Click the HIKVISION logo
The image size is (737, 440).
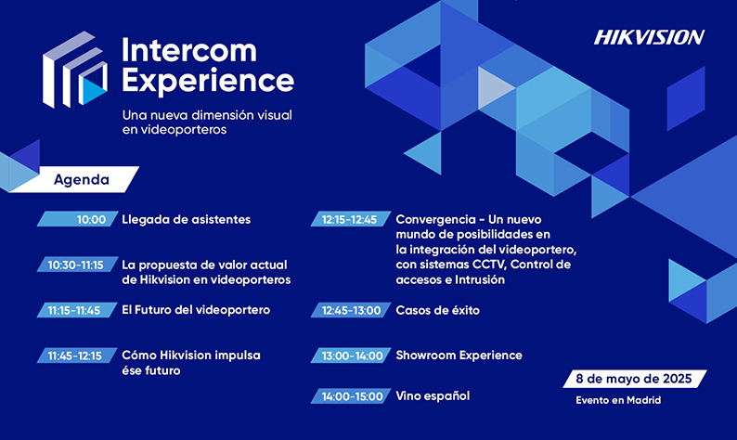(x=649, y=37)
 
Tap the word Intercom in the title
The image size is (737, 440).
(x=189, y=50)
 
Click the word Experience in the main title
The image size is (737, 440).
(x=208, y=81)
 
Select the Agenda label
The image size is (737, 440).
(x=82, y=179)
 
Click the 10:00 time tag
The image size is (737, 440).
(x=78, y=219)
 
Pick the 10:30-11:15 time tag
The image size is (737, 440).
(x=78, y=265)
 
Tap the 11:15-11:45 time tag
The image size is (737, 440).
(x=78, y=310)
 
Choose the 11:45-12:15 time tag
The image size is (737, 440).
(x=78, y=356)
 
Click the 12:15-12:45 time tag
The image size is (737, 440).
(x=351, y=219)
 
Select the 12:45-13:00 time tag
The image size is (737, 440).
(x=351, y=310)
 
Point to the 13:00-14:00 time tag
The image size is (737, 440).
(x=351, y=356)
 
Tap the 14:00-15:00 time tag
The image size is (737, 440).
(x=351, y=396)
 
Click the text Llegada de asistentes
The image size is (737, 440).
(x=187, y=219)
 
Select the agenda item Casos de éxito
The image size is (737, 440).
(x=437, y=310)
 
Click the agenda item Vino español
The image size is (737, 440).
(x=433, y=396)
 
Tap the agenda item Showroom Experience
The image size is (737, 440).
(x=459, y=356)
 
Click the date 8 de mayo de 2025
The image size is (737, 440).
(x=634, y=379)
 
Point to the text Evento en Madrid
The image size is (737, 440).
(x=618, y=400)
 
